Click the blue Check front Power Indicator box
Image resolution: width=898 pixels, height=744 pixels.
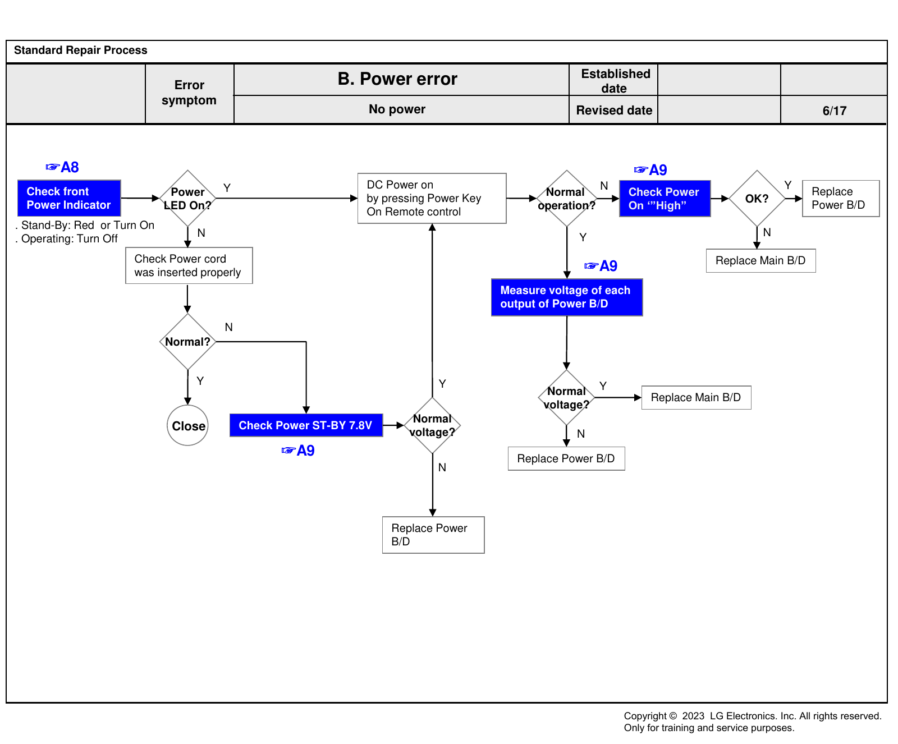[x=69, y=198]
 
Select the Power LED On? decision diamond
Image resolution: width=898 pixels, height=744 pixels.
[x=187, y=198]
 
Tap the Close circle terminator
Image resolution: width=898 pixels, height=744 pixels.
[x=187, y=425]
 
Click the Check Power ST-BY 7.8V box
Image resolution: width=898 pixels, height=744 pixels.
[x=306, y=425]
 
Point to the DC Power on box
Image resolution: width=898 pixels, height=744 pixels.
[x=432, y=198]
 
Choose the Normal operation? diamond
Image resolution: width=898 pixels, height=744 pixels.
[x=567, y=198]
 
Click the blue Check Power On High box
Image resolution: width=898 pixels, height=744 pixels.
[x=665, y=198]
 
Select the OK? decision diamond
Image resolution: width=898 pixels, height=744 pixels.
[x=757, y=198]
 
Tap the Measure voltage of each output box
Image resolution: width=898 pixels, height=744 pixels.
[x=567, y=297]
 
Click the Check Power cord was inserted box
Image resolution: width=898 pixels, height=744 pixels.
[x=189, y=265]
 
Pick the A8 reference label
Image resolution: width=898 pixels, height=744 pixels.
[x=62, y=167]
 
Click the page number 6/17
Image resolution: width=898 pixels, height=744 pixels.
[x=834, y=111]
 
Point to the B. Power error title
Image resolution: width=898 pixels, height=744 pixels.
[x=397, y=79]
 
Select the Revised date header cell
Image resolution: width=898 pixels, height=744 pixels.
[x=614, y=110]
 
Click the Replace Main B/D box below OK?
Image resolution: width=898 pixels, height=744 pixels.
[x=760, y=261]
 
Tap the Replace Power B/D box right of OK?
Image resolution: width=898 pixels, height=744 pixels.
[x=841, y=198]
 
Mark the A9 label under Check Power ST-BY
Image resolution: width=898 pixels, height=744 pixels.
[x=298, y=451]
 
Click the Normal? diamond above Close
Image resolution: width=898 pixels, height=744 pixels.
[x=187, y=341]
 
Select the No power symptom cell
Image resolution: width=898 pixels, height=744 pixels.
[x=397, y=109]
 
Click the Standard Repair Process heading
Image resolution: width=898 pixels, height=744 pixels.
[x=81, y=50]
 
